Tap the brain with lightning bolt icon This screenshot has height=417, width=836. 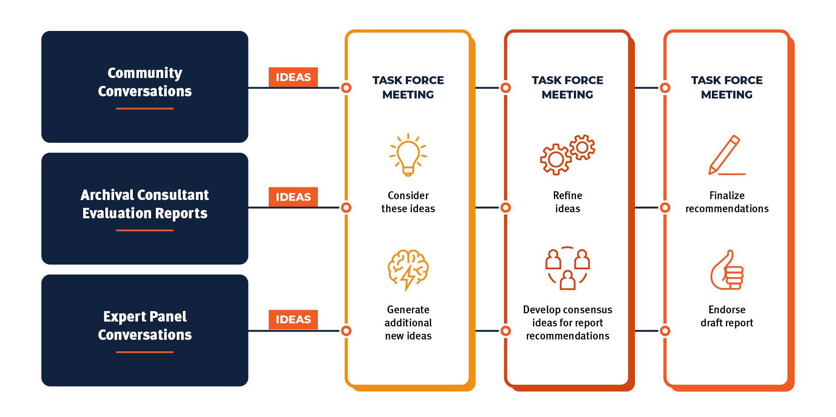(x=408, y=270)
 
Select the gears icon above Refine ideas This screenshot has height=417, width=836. (x=567, y=155)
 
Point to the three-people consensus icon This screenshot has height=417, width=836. (x=567, y=268)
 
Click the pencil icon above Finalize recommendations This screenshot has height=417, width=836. (x=727, y=155)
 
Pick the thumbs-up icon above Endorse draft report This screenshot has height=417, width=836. (x=727, y=270)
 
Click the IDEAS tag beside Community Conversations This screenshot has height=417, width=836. (x=293, y=77)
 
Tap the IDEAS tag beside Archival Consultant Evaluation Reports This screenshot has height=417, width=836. (x=293, y=197)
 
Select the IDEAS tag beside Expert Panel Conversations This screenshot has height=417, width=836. (x=293, y=319)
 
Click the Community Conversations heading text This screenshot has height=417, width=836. (x=145, y=82)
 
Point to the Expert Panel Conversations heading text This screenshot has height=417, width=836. (x=145, y=325)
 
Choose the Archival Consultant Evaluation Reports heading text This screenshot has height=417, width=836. (x=145, y=204)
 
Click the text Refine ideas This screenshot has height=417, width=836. (x=567, y=202)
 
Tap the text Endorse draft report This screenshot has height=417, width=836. (x=727, y=316)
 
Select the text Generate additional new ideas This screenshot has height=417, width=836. (x=408, y=322)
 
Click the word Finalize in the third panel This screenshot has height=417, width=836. (x=727, y=196)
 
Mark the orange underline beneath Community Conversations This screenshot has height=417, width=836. (x=145, y=108)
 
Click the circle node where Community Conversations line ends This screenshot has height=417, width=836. (x=346, y=88)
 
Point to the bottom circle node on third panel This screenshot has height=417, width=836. (x=665, y=331)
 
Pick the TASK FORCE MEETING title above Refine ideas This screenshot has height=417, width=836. (x=567, y=87)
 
